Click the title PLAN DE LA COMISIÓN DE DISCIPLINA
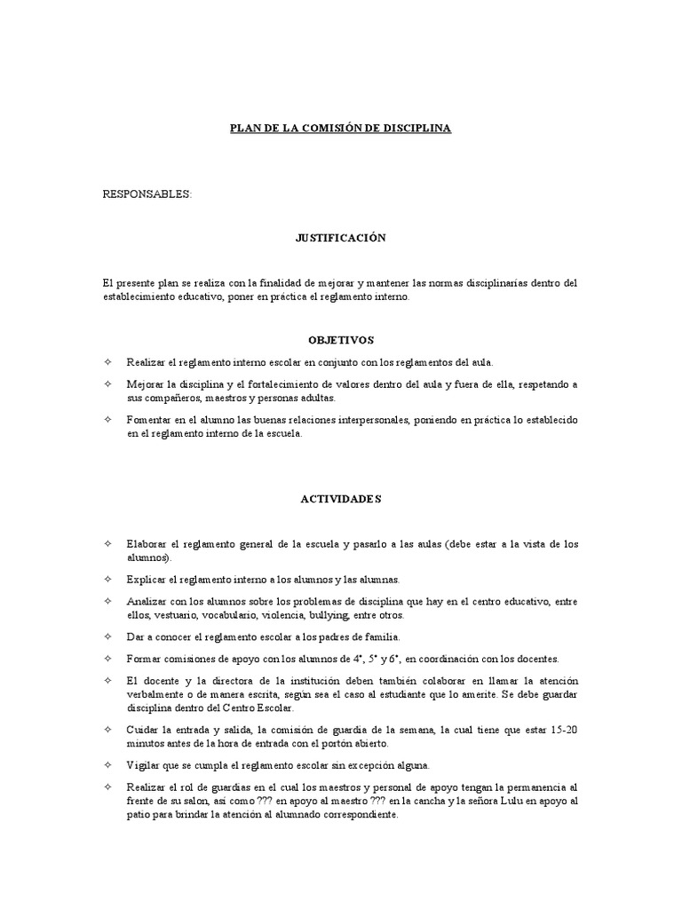tap(340, 129)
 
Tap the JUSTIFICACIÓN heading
tap(341, 238)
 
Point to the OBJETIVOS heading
tap(341, 339)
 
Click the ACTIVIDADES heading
tap(341, 499)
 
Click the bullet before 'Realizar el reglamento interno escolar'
tap(107, 362)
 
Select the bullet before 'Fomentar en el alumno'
tap(107, 419)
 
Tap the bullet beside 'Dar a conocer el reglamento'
tap(107, 636)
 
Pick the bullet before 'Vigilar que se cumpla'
tap(107, 764)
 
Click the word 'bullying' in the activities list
tap(320, 614)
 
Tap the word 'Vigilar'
tap(143, 764)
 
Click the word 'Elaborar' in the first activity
tap(147, 543)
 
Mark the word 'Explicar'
tap(146, 579)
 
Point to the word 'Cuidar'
tap(142, 729)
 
